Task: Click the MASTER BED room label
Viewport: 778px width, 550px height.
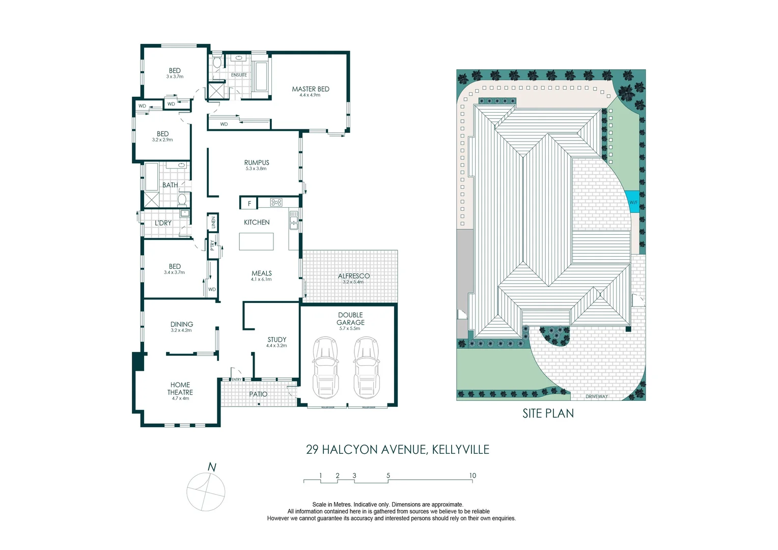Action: pos(310,89)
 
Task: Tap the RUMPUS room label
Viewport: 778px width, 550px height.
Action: pos(256,163)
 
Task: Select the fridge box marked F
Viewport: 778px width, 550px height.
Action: pos(249,203)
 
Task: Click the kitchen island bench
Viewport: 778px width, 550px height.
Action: pos(256,241)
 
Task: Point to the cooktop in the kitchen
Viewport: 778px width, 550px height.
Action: pos(276,203)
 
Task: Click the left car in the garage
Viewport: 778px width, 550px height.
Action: pos(325,368)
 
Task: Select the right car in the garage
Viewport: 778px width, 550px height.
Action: pos(366,368)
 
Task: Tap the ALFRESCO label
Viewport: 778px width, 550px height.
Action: pos(353,276)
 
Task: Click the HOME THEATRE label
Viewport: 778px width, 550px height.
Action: pos(180,389)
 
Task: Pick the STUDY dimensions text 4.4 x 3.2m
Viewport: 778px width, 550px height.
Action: pos(276,346)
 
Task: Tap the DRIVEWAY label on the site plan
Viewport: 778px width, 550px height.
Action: pos(596,396)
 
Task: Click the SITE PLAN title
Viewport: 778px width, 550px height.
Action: pos(548,414)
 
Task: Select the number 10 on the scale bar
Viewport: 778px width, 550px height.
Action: pos(472,476)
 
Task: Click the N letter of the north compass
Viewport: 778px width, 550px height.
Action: pos(212,467)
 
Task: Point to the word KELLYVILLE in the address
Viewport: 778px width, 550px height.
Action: pos(460,450)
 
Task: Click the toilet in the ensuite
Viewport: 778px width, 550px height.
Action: pos(217,63)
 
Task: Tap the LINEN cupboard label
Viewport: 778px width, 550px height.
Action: pos(213,223)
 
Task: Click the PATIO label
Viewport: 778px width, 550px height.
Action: pos(258,394)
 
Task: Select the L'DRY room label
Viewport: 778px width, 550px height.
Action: pos(163,223)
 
